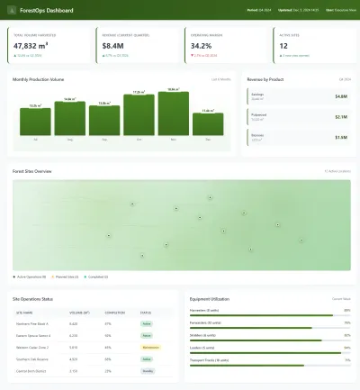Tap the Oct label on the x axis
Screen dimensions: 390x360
[x=139, y=140]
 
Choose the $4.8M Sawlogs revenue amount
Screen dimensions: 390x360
[x=340, y=95]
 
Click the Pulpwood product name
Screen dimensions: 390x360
[x=258, y=114]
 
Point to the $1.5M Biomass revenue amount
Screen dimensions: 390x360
[x=340, y=138]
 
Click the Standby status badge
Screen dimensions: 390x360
[x=147, y=370]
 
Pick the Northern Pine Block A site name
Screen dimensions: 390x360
[x=33, y=322]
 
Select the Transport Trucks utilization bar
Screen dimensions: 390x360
[x=270, y=365]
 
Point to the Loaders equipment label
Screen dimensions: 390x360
[x=202, y=347]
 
